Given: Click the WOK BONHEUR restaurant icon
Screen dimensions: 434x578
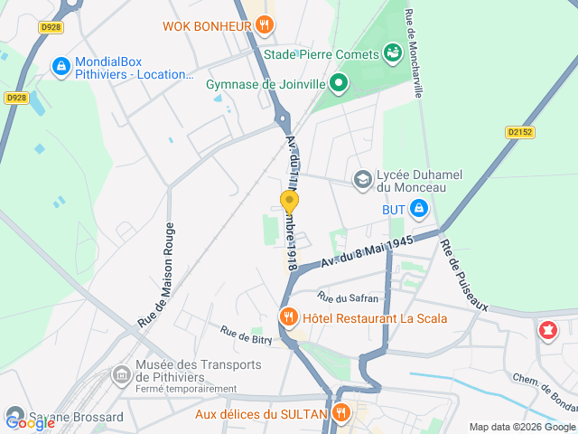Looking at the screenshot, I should pos(264,26).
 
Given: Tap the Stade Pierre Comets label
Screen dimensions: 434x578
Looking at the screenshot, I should pos(322,54).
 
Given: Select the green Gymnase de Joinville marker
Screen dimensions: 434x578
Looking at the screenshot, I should pos(339,85).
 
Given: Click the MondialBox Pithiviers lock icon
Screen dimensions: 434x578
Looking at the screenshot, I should pos(61,66).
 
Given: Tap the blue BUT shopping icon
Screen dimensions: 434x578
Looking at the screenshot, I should pos(418,210).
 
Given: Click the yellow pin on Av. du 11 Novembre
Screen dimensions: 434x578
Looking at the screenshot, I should pos(289,202).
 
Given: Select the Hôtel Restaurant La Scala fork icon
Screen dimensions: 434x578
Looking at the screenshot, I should pos(288,317).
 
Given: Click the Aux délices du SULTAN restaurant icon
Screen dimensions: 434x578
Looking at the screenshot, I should pos(340,414).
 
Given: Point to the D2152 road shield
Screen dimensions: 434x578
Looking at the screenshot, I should pos(519,132).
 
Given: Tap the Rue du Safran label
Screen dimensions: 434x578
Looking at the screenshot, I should pos(348,297).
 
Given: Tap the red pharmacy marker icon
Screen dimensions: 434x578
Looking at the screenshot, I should pos(546,331).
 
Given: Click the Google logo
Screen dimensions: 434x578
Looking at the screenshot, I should pos(30,421).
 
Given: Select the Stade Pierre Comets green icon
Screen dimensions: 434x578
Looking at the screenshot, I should pos(392,53).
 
